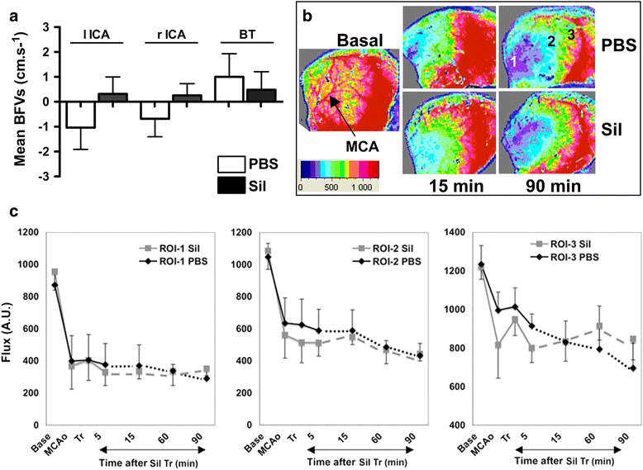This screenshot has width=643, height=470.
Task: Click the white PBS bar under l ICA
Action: pyautogui.click(x=81, y=115)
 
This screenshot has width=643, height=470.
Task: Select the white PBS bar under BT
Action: pyautogui.click(x=229, y=89)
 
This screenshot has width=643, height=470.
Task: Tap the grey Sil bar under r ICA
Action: pyautogui.click(x=186, y=98)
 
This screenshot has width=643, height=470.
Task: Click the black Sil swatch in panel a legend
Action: pyautogui.click(x=231, y=186)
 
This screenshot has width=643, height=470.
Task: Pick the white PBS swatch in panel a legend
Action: pyautogui.click(x=231, y=164)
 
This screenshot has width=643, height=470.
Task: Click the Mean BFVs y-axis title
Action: pyautogui.click(x=20, y=93)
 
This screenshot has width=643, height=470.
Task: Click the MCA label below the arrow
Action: pyautogui.click(x=362, y=146)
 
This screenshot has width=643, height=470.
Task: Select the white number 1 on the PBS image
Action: pyautogui.click(x=513, y=61)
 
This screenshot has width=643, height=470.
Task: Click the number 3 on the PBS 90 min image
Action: pyautogui.click(x=571, y=36)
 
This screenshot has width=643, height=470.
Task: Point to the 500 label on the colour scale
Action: pyautogui.click(x=331, y=188)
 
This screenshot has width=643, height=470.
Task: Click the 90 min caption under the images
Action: pyautogui.click(x=553, y=186)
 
